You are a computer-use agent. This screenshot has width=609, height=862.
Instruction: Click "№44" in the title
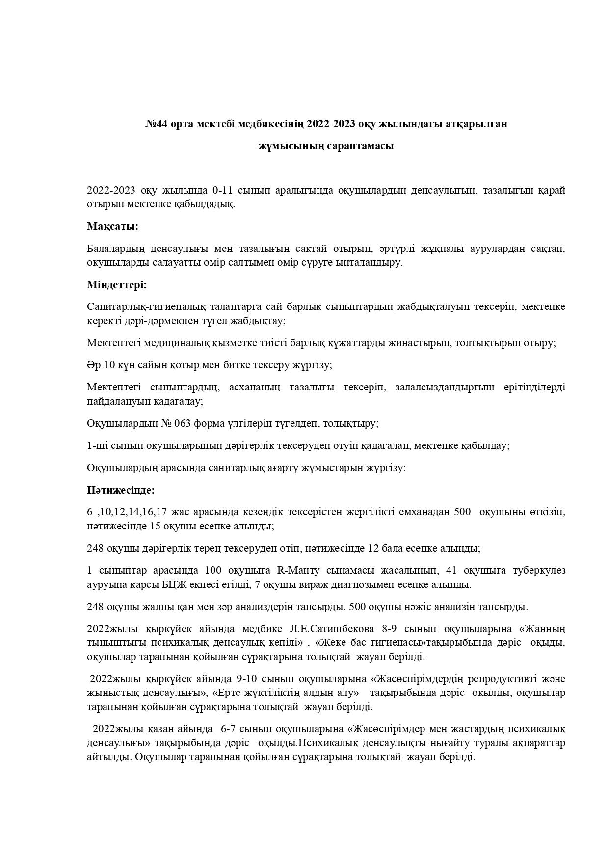pyautogui.click(x=155, y=124)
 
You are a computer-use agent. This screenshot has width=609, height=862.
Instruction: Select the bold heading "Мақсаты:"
pyautogui.click(x=112, y=226)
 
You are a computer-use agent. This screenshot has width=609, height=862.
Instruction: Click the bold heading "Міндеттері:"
pyautogui.click(x=117, y=285)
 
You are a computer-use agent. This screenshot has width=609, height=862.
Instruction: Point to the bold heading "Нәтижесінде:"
pyautogui.click(x=121, y=490)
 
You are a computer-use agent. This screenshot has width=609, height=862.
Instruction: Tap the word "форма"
pyautogui.click(x=211, y=423)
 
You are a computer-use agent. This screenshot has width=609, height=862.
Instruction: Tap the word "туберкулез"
pyautogui.click(x=541, y=570)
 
